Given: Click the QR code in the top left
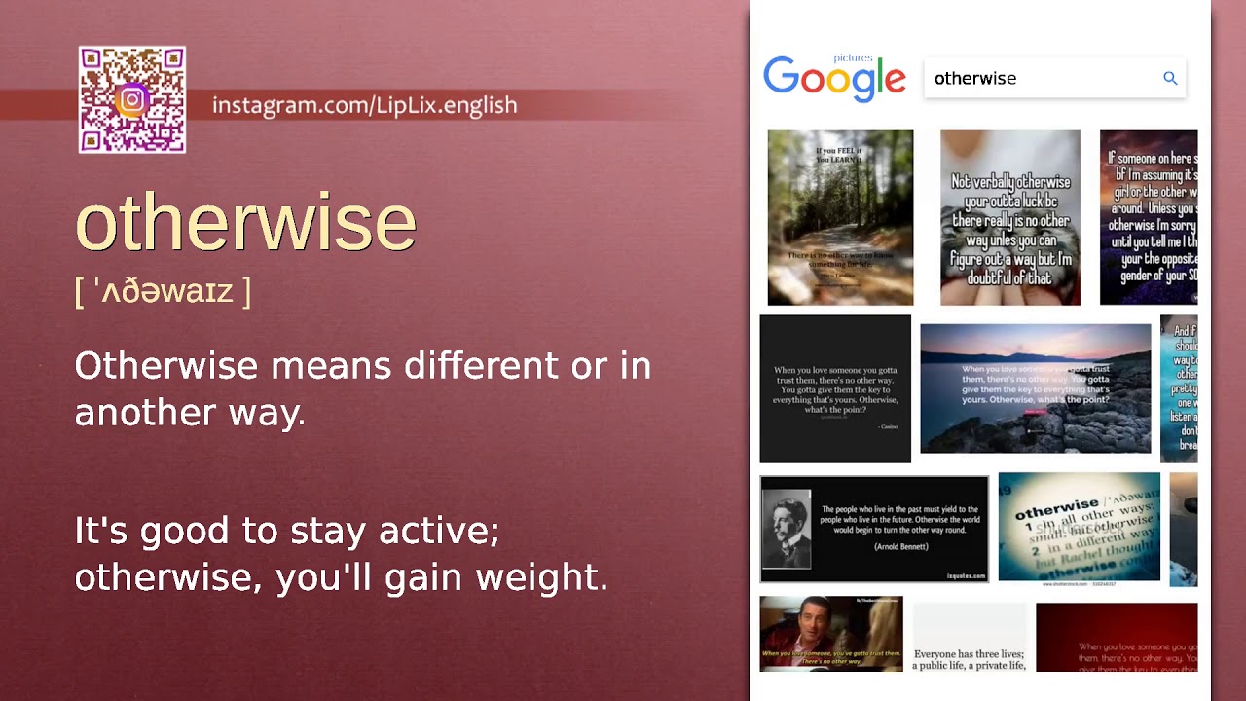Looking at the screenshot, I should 132,99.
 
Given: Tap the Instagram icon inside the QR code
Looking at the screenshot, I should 132,99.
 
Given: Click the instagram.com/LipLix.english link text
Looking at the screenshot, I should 364,105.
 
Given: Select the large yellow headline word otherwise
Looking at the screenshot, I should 245,223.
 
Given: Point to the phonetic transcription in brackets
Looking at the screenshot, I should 163,290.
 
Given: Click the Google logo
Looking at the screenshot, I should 834,78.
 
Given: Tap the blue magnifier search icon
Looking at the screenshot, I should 1170,78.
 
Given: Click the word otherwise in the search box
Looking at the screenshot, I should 975,79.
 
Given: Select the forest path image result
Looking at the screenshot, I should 840,217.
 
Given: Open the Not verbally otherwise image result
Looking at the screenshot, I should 1009,217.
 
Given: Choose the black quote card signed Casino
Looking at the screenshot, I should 835,388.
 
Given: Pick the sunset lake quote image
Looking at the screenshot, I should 1035,388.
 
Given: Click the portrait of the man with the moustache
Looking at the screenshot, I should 786,529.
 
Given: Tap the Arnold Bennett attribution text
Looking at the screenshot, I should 900,547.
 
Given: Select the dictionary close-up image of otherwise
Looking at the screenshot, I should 1079,527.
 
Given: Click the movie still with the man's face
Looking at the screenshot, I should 830,633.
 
